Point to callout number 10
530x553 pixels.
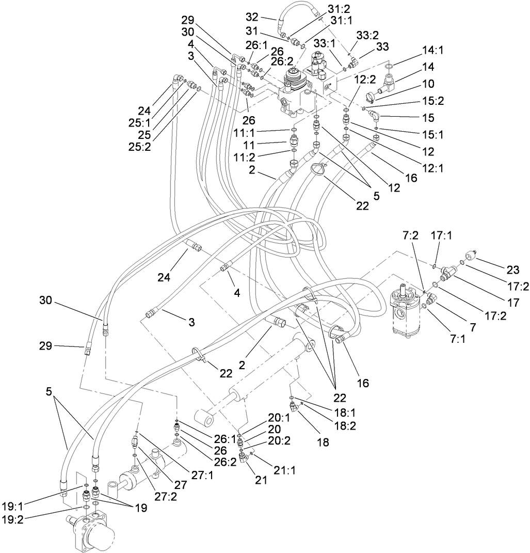(x=428, y=84)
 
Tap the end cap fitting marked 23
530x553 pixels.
(x=470, y=256)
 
